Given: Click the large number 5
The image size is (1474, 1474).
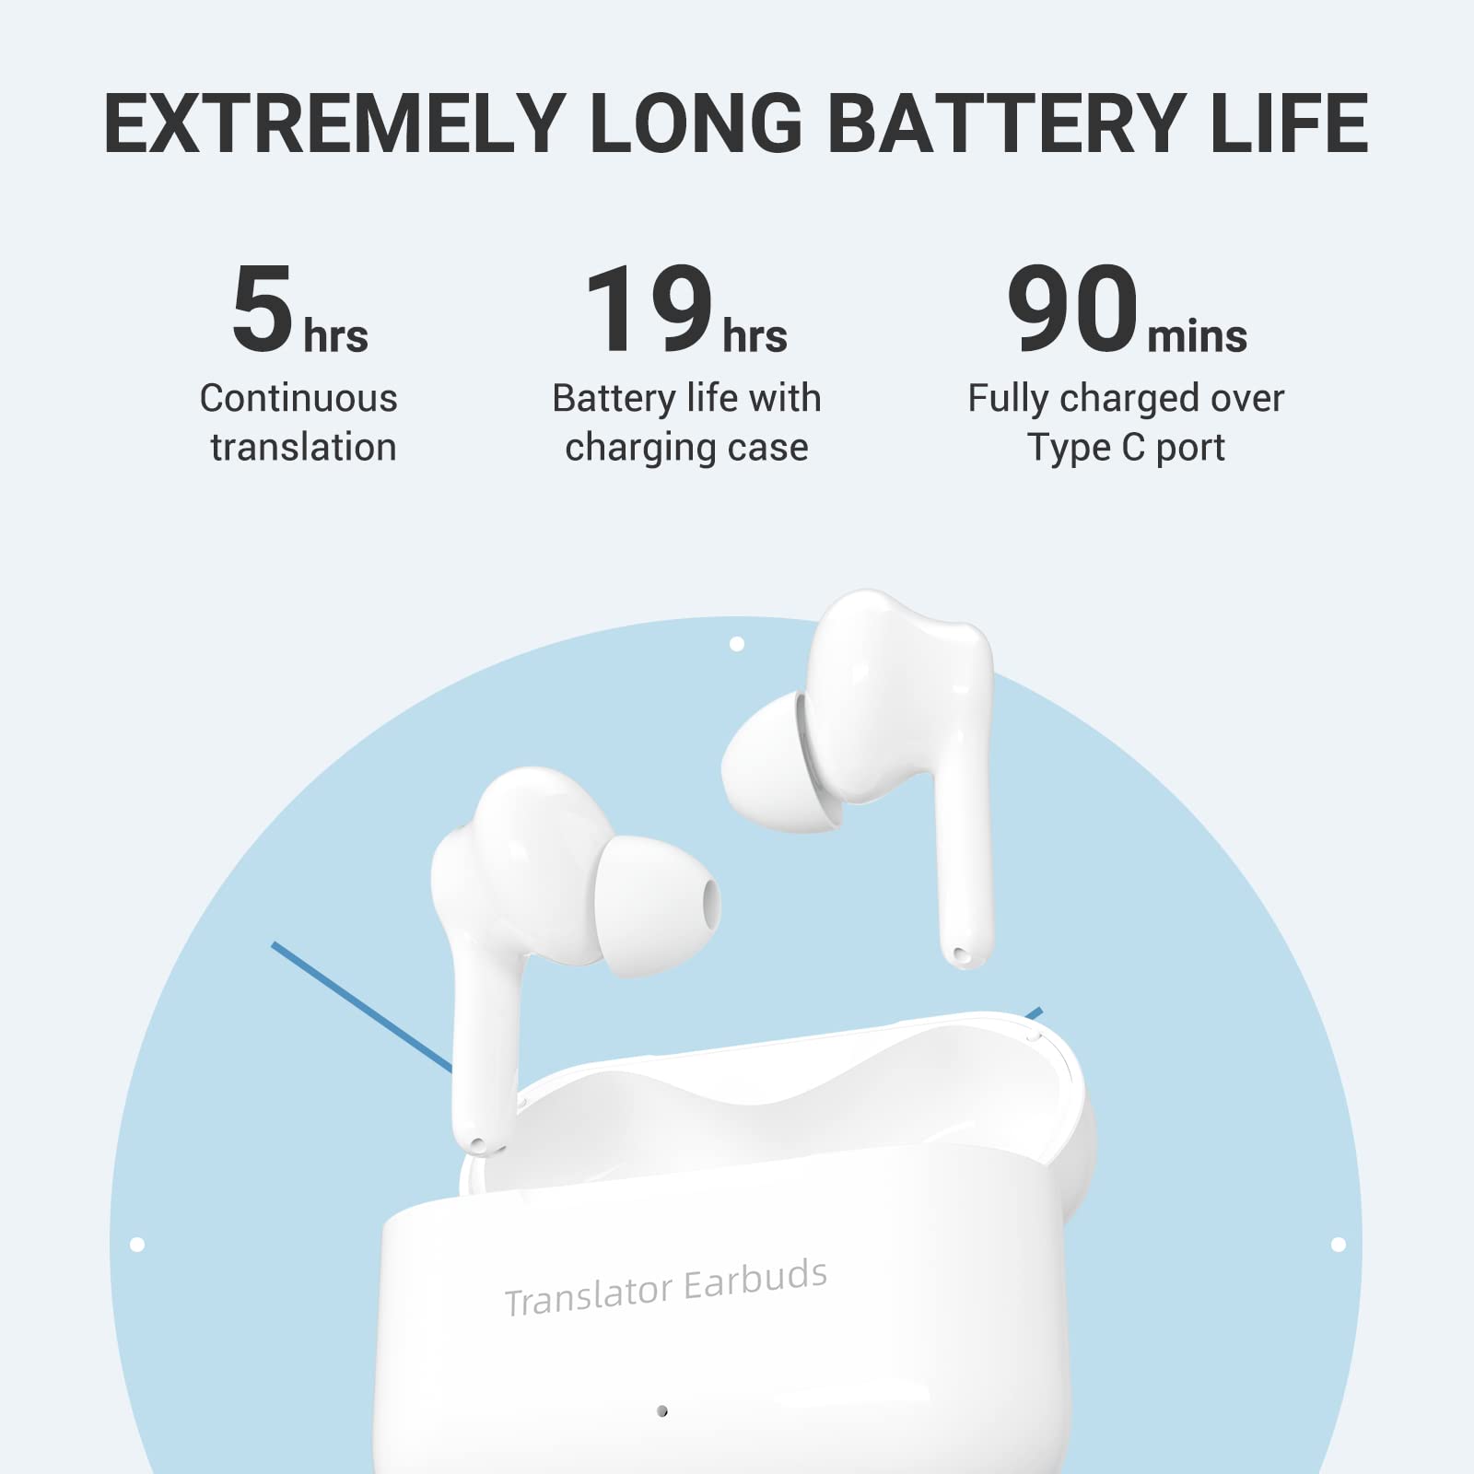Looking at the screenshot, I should point(263,309).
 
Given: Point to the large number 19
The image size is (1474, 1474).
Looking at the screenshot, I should point(649,309).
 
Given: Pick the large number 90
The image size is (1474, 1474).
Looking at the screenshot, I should point(1072,309).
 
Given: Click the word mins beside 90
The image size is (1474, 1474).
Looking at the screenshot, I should point(1197,335).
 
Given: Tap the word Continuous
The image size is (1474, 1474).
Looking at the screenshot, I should point(298,399).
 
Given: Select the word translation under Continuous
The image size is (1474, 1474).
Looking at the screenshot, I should point(303,448).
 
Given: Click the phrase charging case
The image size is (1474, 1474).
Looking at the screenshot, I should point(686,448).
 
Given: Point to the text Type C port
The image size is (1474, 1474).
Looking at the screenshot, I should point(1126,448).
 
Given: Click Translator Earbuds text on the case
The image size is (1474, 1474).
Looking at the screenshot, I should point(665,1288).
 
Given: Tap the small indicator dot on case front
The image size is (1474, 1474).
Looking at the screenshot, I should point(661,1410).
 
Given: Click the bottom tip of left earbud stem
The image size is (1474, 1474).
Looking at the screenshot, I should point(478,1145).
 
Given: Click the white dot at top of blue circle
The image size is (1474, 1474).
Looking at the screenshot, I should point(737,644).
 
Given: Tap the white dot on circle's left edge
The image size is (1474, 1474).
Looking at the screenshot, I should point(137,1245).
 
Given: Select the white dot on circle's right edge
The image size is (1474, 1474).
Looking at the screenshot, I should point(1339,1245).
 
